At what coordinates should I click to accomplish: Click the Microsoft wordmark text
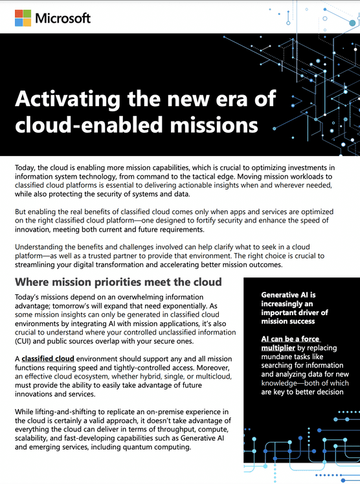(x=63, y=18)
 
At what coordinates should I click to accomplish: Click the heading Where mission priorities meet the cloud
(x=118, y=282)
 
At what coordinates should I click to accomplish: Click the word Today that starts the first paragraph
(x=27, y=168)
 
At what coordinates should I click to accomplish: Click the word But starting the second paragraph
(x=22, y=212)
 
